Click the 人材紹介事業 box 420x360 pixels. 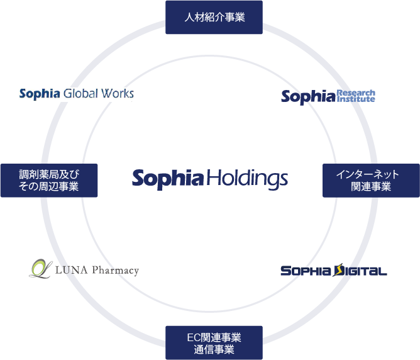[x=214, y=18]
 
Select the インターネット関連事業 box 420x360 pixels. [x=371, y=180]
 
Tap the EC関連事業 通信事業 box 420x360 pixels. [x=214, y=343]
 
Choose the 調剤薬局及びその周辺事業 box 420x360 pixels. [x=49, y=180]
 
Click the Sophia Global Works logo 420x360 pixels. [x=77, y=94]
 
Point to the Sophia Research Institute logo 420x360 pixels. [x=328, y=96]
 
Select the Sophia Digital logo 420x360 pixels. [x=333, y=271]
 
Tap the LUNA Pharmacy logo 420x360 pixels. [x=84, y=269]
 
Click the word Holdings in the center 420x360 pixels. [x=247, y=179]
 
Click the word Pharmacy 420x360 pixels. [x=115, y=271]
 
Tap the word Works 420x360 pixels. [x=118, y=94]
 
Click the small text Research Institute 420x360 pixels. [x=356, y=96]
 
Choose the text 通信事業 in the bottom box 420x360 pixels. [x=214, y=349]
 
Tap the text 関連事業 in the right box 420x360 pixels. [x=371, y=187]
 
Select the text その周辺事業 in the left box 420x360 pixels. [x=49, y=187]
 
